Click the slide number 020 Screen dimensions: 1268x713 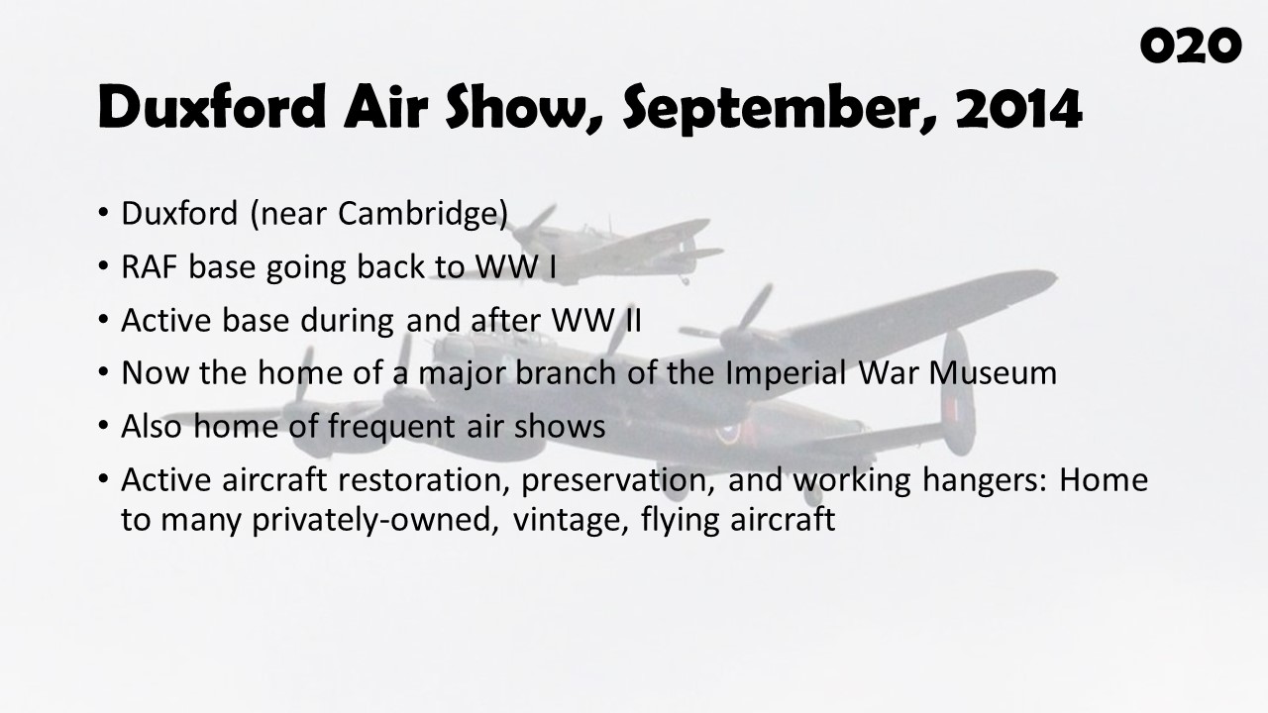point(1191,46)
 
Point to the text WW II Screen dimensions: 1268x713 point(596,320)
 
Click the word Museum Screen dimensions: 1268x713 point(993,373)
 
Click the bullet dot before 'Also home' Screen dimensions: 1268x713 point(102,425)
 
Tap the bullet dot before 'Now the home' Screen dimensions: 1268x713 point(102,371)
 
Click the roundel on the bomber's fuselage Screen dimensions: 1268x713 point(727,434)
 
